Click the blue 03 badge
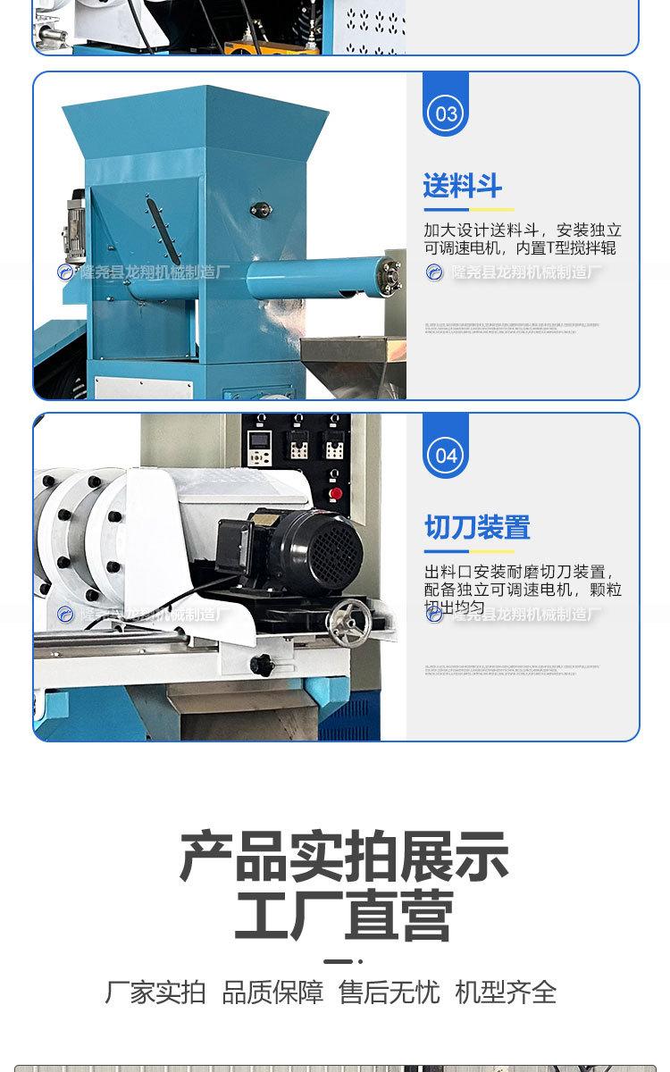(446, 113)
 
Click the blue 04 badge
(446, 455)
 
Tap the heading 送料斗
(462, 187)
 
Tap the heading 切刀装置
(477, 527)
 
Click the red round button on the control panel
(336, 492)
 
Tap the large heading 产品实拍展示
(344, 856)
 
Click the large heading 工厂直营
(344, 916)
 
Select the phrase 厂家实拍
(155, 992)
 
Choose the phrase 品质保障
(272, 992)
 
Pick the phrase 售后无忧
(389, 992)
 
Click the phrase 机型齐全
(506, 992)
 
